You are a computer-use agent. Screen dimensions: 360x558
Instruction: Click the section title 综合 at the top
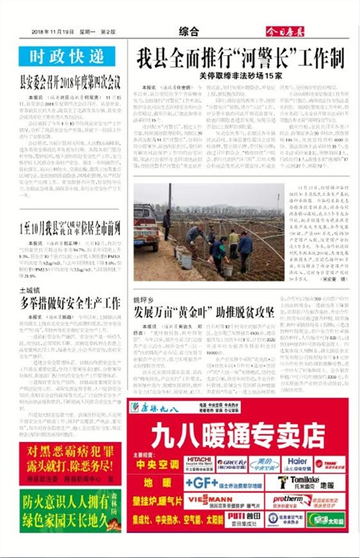(189, 31)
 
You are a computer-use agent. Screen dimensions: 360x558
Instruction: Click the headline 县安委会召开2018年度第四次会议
(70, 83)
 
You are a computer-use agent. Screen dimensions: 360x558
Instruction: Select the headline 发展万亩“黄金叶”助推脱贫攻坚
(204, 311)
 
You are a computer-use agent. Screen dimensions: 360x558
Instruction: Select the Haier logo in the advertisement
(296, 462)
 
